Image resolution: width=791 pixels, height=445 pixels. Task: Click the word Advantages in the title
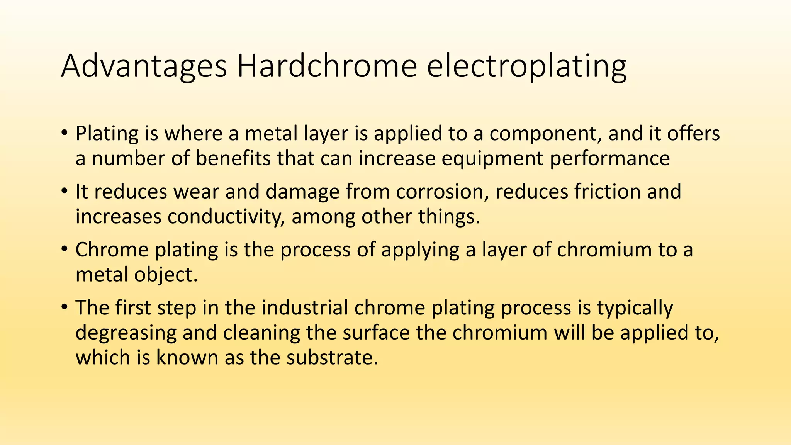click(x=144, y=66)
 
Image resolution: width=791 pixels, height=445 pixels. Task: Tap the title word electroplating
click(x=526, y=66)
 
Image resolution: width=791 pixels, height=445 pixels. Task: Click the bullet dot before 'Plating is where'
click(x=65, y=134)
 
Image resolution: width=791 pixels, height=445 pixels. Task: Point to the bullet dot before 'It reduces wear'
click(x=65, y=192)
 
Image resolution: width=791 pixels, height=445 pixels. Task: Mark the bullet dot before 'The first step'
click(x=65, y=308)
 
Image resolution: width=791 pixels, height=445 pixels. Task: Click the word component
click(x=545, y=134)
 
